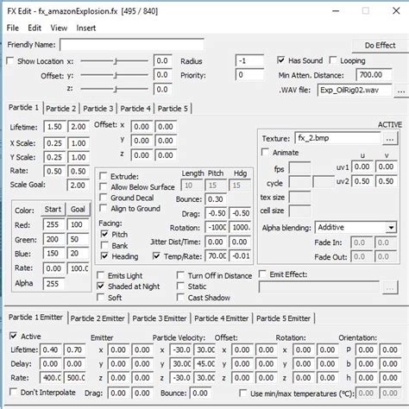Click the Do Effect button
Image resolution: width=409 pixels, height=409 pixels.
380,45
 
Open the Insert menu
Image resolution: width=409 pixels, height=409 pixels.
86,28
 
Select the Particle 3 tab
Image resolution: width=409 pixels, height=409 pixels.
98,108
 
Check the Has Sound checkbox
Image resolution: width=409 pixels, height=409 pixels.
281,61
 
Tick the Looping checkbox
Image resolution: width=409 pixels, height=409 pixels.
334,61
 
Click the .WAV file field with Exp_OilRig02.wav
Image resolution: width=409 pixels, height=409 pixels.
354,89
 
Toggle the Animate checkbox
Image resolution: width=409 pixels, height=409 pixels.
266,153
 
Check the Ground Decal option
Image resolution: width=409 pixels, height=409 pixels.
103,198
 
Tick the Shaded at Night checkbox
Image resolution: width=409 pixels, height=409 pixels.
101,286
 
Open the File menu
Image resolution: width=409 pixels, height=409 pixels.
13,28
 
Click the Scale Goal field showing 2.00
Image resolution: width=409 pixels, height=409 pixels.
77,185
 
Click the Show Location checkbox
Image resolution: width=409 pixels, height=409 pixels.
10,61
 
